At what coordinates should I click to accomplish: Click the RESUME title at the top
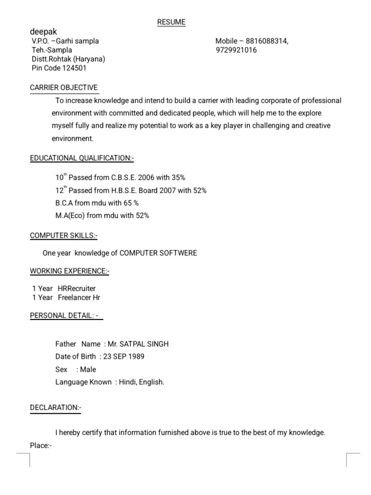(x=171, y=22)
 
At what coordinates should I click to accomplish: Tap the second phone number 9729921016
(x=236, y=50)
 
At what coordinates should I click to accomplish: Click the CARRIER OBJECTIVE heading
(x=64, y=87)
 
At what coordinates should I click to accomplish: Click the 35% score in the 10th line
(x=177, y=178)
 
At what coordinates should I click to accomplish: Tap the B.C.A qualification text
(x=64, y=203)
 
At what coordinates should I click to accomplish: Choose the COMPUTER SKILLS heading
(x=64, y=235)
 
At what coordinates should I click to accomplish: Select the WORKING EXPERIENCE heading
(x=70, y=272)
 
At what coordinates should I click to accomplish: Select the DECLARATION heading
(x=56, y=408)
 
